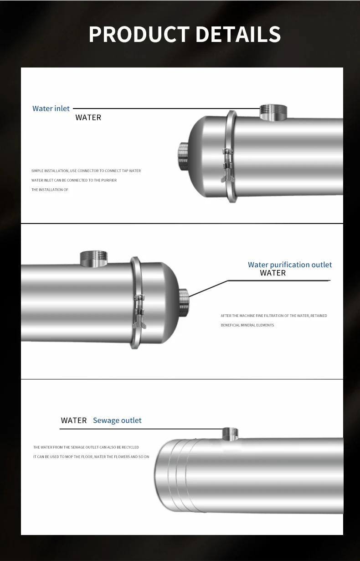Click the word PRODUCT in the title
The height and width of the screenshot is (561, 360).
pos(139,35)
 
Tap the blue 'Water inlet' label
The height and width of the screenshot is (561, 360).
pos(51,109)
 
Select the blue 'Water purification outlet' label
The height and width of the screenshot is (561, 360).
pos(290,265)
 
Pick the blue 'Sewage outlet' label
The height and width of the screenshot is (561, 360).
pos(117,420)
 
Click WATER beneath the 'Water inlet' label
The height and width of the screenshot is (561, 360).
pos(88,118)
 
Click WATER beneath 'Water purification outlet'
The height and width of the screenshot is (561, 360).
pos(273,273)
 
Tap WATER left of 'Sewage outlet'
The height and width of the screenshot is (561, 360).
pos(74,420)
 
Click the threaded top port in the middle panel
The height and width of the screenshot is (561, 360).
pos(93,258)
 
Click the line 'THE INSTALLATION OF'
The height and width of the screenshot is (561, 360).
pos(50,190)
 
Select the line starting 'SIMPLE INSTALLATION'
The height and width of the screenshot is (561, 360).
pos(86,171)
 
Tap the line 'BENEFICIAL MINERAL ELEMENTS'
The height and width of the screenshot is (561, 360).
pos(247,325)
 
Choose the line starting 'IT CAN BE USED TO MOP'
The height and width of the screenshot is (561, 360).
pos(91,457)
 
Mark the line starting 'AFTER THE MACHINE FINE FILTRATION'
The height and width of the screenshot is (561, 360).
pos(274,316)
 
